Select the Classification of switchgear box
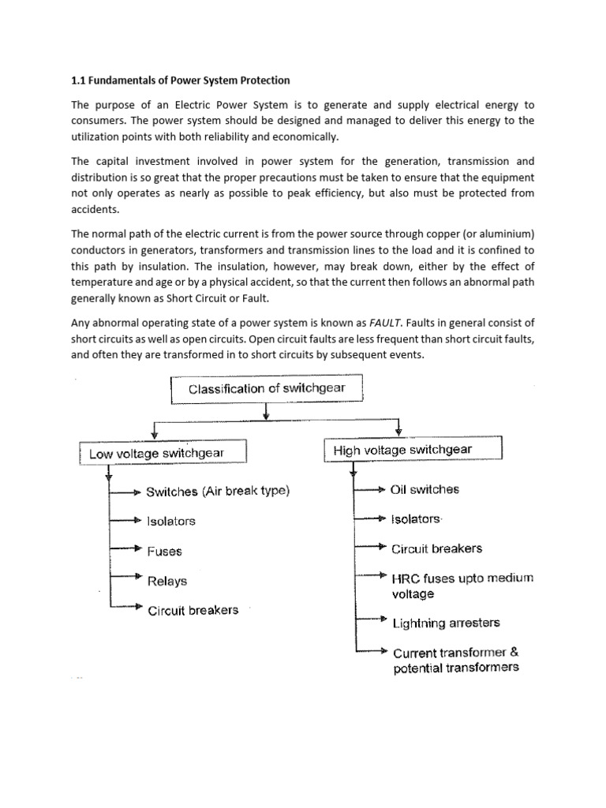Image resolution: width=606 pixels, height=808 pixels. (266, 389)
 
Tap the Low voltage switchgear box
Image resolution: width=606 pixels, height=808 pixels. (163, 453)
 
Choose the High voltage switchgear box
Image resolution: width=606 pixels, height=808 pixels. (412, 450)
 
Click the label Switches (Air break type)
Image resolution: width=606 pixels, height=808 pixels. (219, 491)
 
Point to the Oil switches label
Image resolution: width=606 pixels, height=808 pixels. (425, 489)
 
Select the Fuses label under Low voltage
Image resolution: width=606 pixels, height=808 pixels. (164, 551)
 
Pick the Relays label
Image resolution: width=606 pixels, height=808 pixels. (167, 581)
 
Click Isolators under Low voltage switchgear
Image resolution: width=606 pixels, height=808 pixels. (171, 521)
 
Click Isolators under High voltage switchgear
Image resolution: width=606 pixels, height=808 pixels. (417, 518)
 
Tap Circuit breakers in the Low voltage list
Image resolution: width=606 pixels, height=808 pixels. (193, 610)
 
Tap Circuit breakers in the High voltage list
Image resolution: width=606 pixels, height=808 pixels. (437, 548)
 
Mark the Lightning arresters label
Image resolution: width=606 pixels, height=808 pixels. (447, 623)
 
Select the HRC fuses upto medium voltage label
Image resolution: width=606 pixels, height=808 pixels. (462, 585)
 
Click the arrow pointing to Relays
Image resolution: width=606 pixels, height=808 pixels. (126, 576)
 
